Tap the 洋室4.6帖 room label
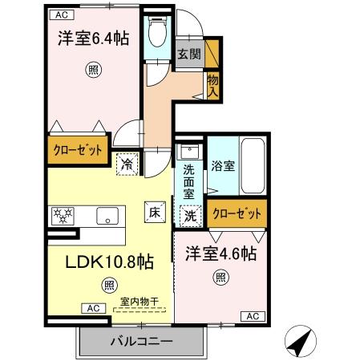pos(221,253)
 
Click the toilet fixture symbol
pos(157,30)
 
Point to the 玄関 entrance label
pos(189,54)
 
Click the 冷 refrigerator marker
pos(127,163)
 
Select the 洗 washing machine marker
pos(190,214)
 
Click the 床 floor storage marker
pos(154,212)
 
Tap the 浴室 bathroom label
pos(223,166)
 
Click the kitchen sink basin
pos(107,215)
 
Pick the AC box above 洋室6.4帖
pos(61,14)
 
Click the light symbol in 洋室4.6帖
pos(220,278)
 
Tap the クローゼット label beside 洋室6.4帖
pos(77,151)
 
